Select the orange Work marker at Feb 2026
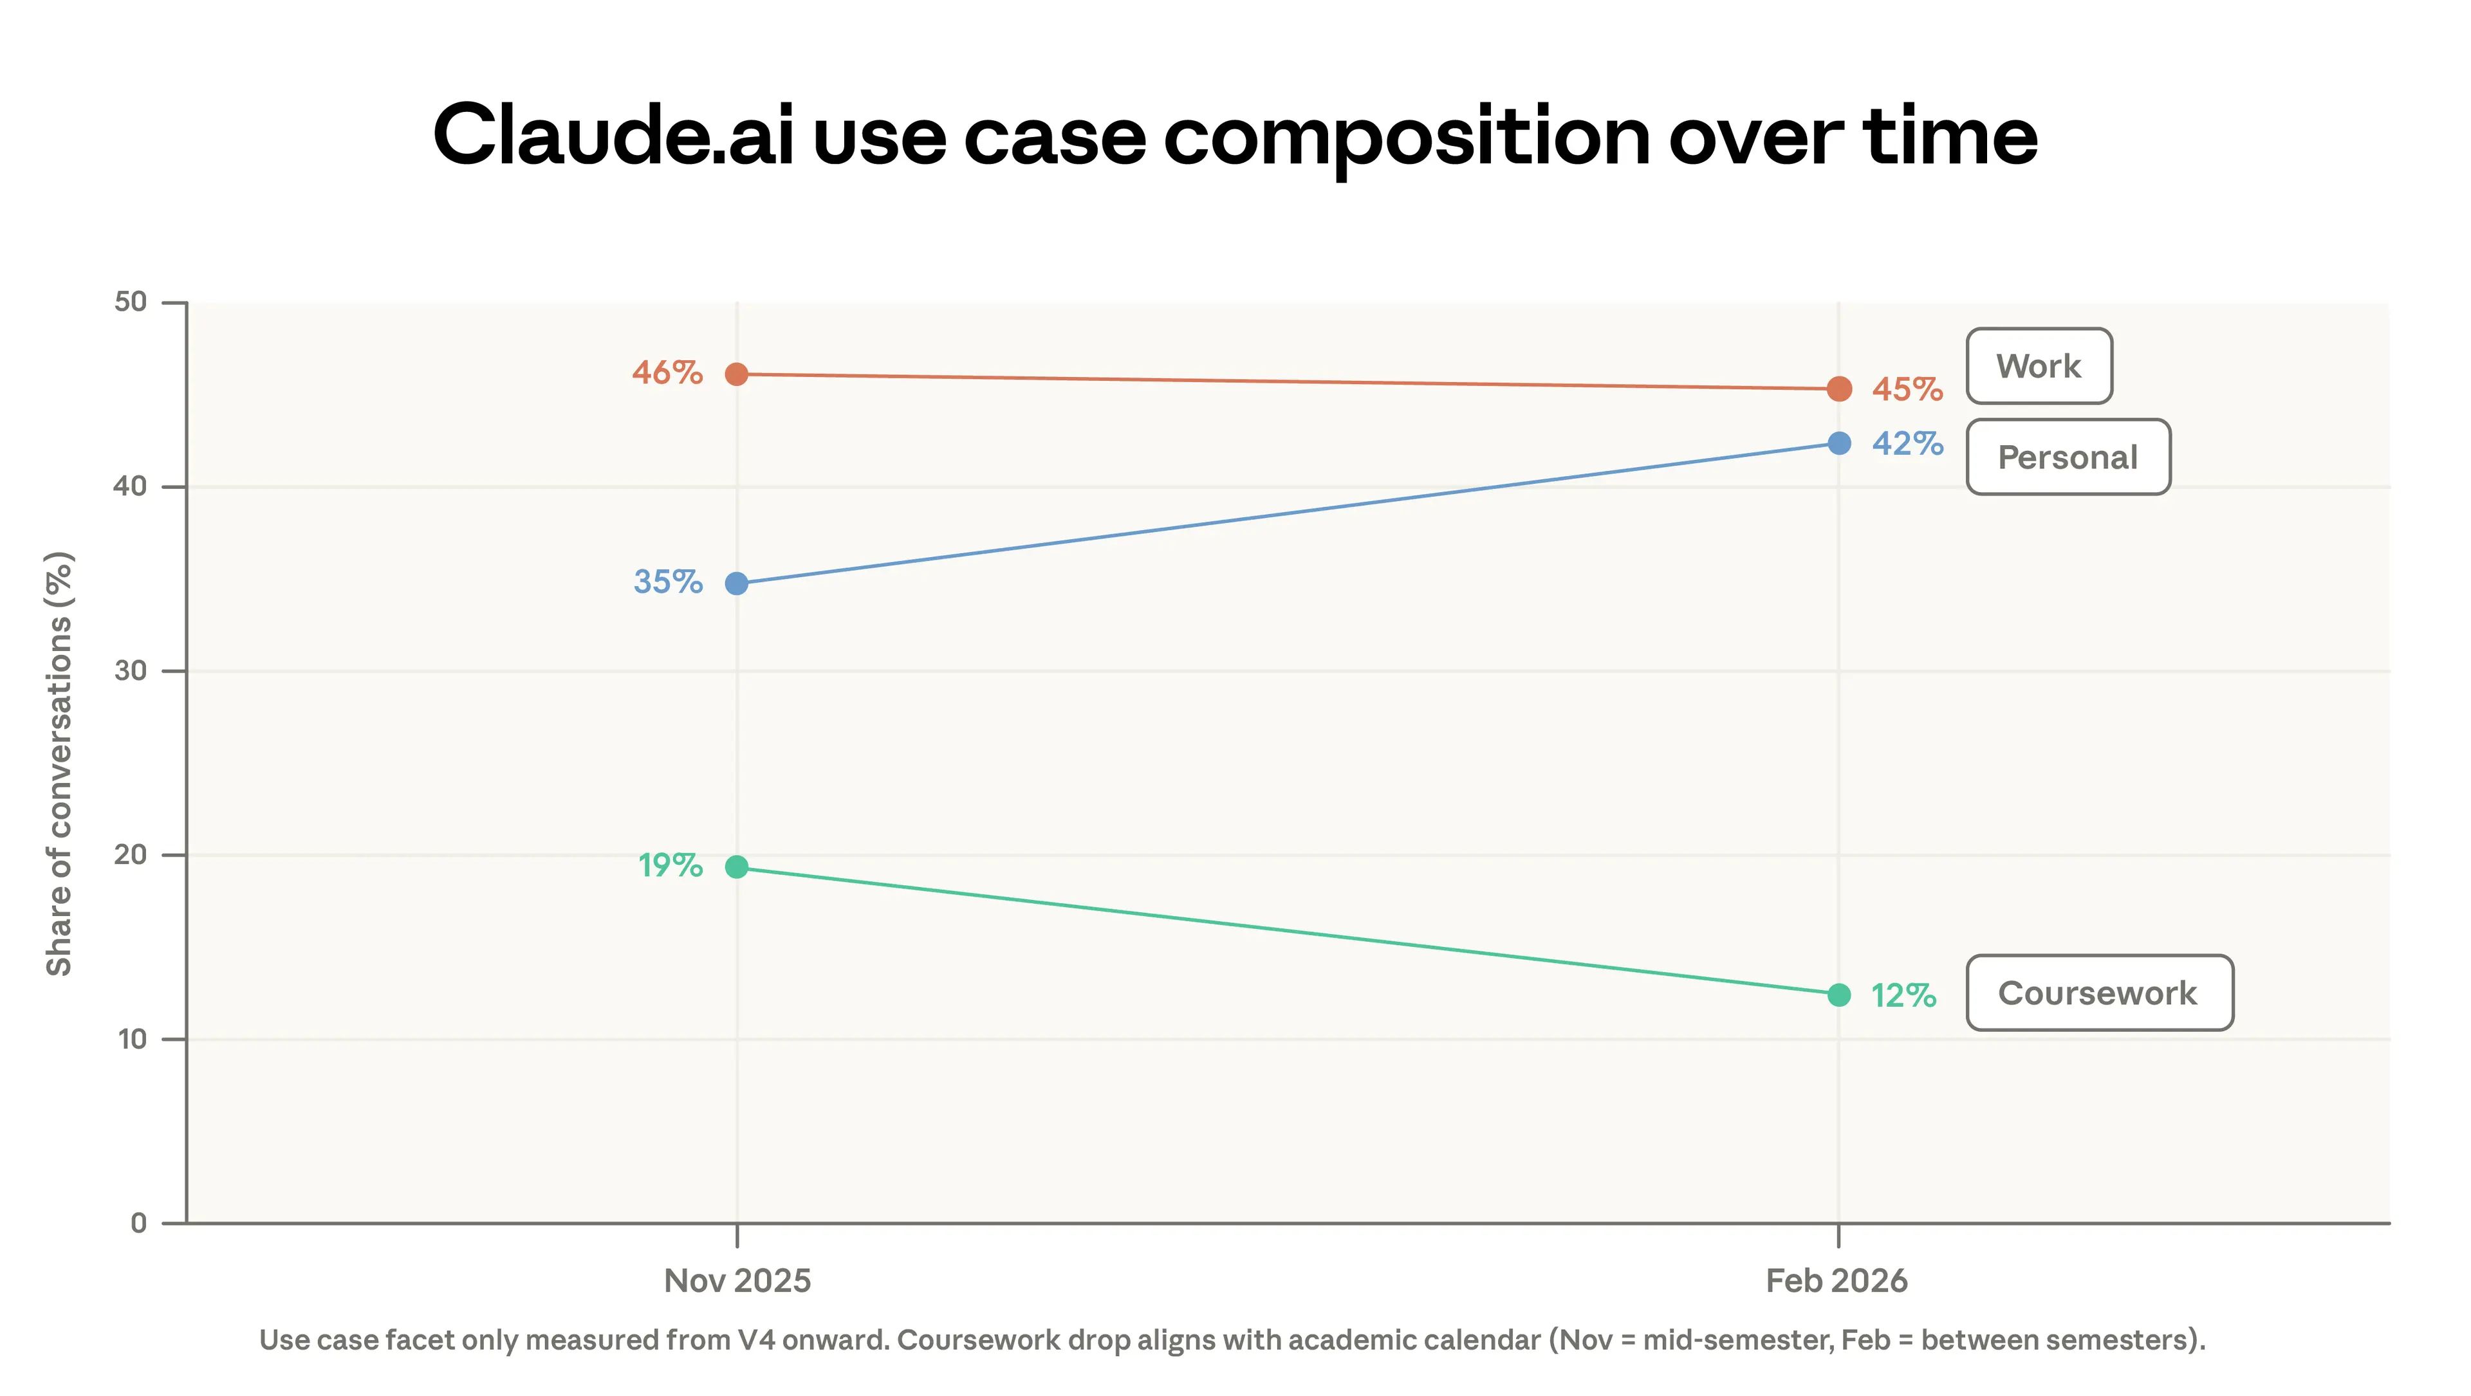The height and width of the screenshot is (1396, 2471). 1838,389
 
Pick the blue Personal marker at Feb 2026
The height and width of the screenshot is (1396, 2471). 1838,443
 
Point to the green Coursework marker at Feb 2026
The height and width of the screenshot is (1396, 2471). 1838,995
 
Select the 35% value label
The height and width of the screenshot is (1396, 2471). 668,582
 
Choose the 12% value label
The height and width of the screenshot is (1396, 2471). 1903,995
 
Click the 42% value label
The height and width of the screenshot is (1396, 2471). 1907,443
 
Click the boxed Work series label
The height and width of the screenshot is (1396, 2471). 2039,366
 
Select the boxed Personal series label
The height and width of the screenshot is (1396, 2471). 2067,457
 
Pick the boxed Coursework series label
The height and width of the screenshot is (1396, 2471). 2098,993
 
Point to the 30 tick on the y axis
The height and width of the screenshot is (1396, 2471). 131,671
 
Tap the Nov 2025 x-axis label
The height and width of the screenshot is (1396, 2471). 737,1281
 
